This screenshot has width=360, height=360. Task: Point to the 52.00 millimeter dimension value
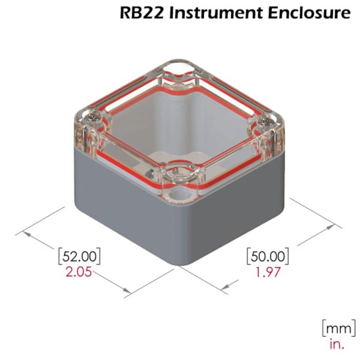[79, 256]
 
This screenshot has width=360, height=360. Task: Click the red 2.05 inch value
[79, 272]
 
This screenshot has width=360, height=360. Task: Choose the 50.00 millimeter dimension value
[268, 256]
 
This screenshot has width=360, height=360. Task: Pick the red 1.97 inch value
[268, 272]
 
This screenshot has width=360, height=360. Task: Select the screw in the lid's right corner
[268, 122]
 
